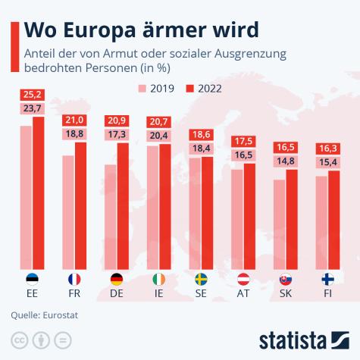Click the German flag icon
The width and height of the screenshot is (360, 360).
(117, 279)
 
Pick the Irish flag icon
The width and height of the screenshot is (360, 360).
(159, 279)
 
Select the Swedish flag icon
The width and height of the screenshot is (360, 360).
(202, 279)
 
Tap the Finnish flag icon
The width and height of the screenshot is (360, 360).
(328, 279)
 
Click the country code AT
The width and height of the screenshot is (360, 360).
(244, 293)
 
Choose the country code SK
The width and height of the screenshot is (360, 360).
(286, 293)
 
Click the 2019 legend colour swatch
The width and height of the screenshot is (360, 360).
(142, 88)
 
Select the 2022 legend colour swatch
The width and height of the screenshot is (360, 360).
(189, 88)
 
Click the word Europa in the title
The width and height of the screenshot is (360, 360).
(98, 30)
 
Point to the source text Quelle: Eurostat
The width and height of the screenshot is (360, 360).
(44, 315)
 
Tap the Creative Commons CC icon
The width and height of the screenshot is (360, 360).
(17, 339)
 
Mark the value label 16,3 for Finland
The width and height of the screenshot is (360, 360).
(328, 149)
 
